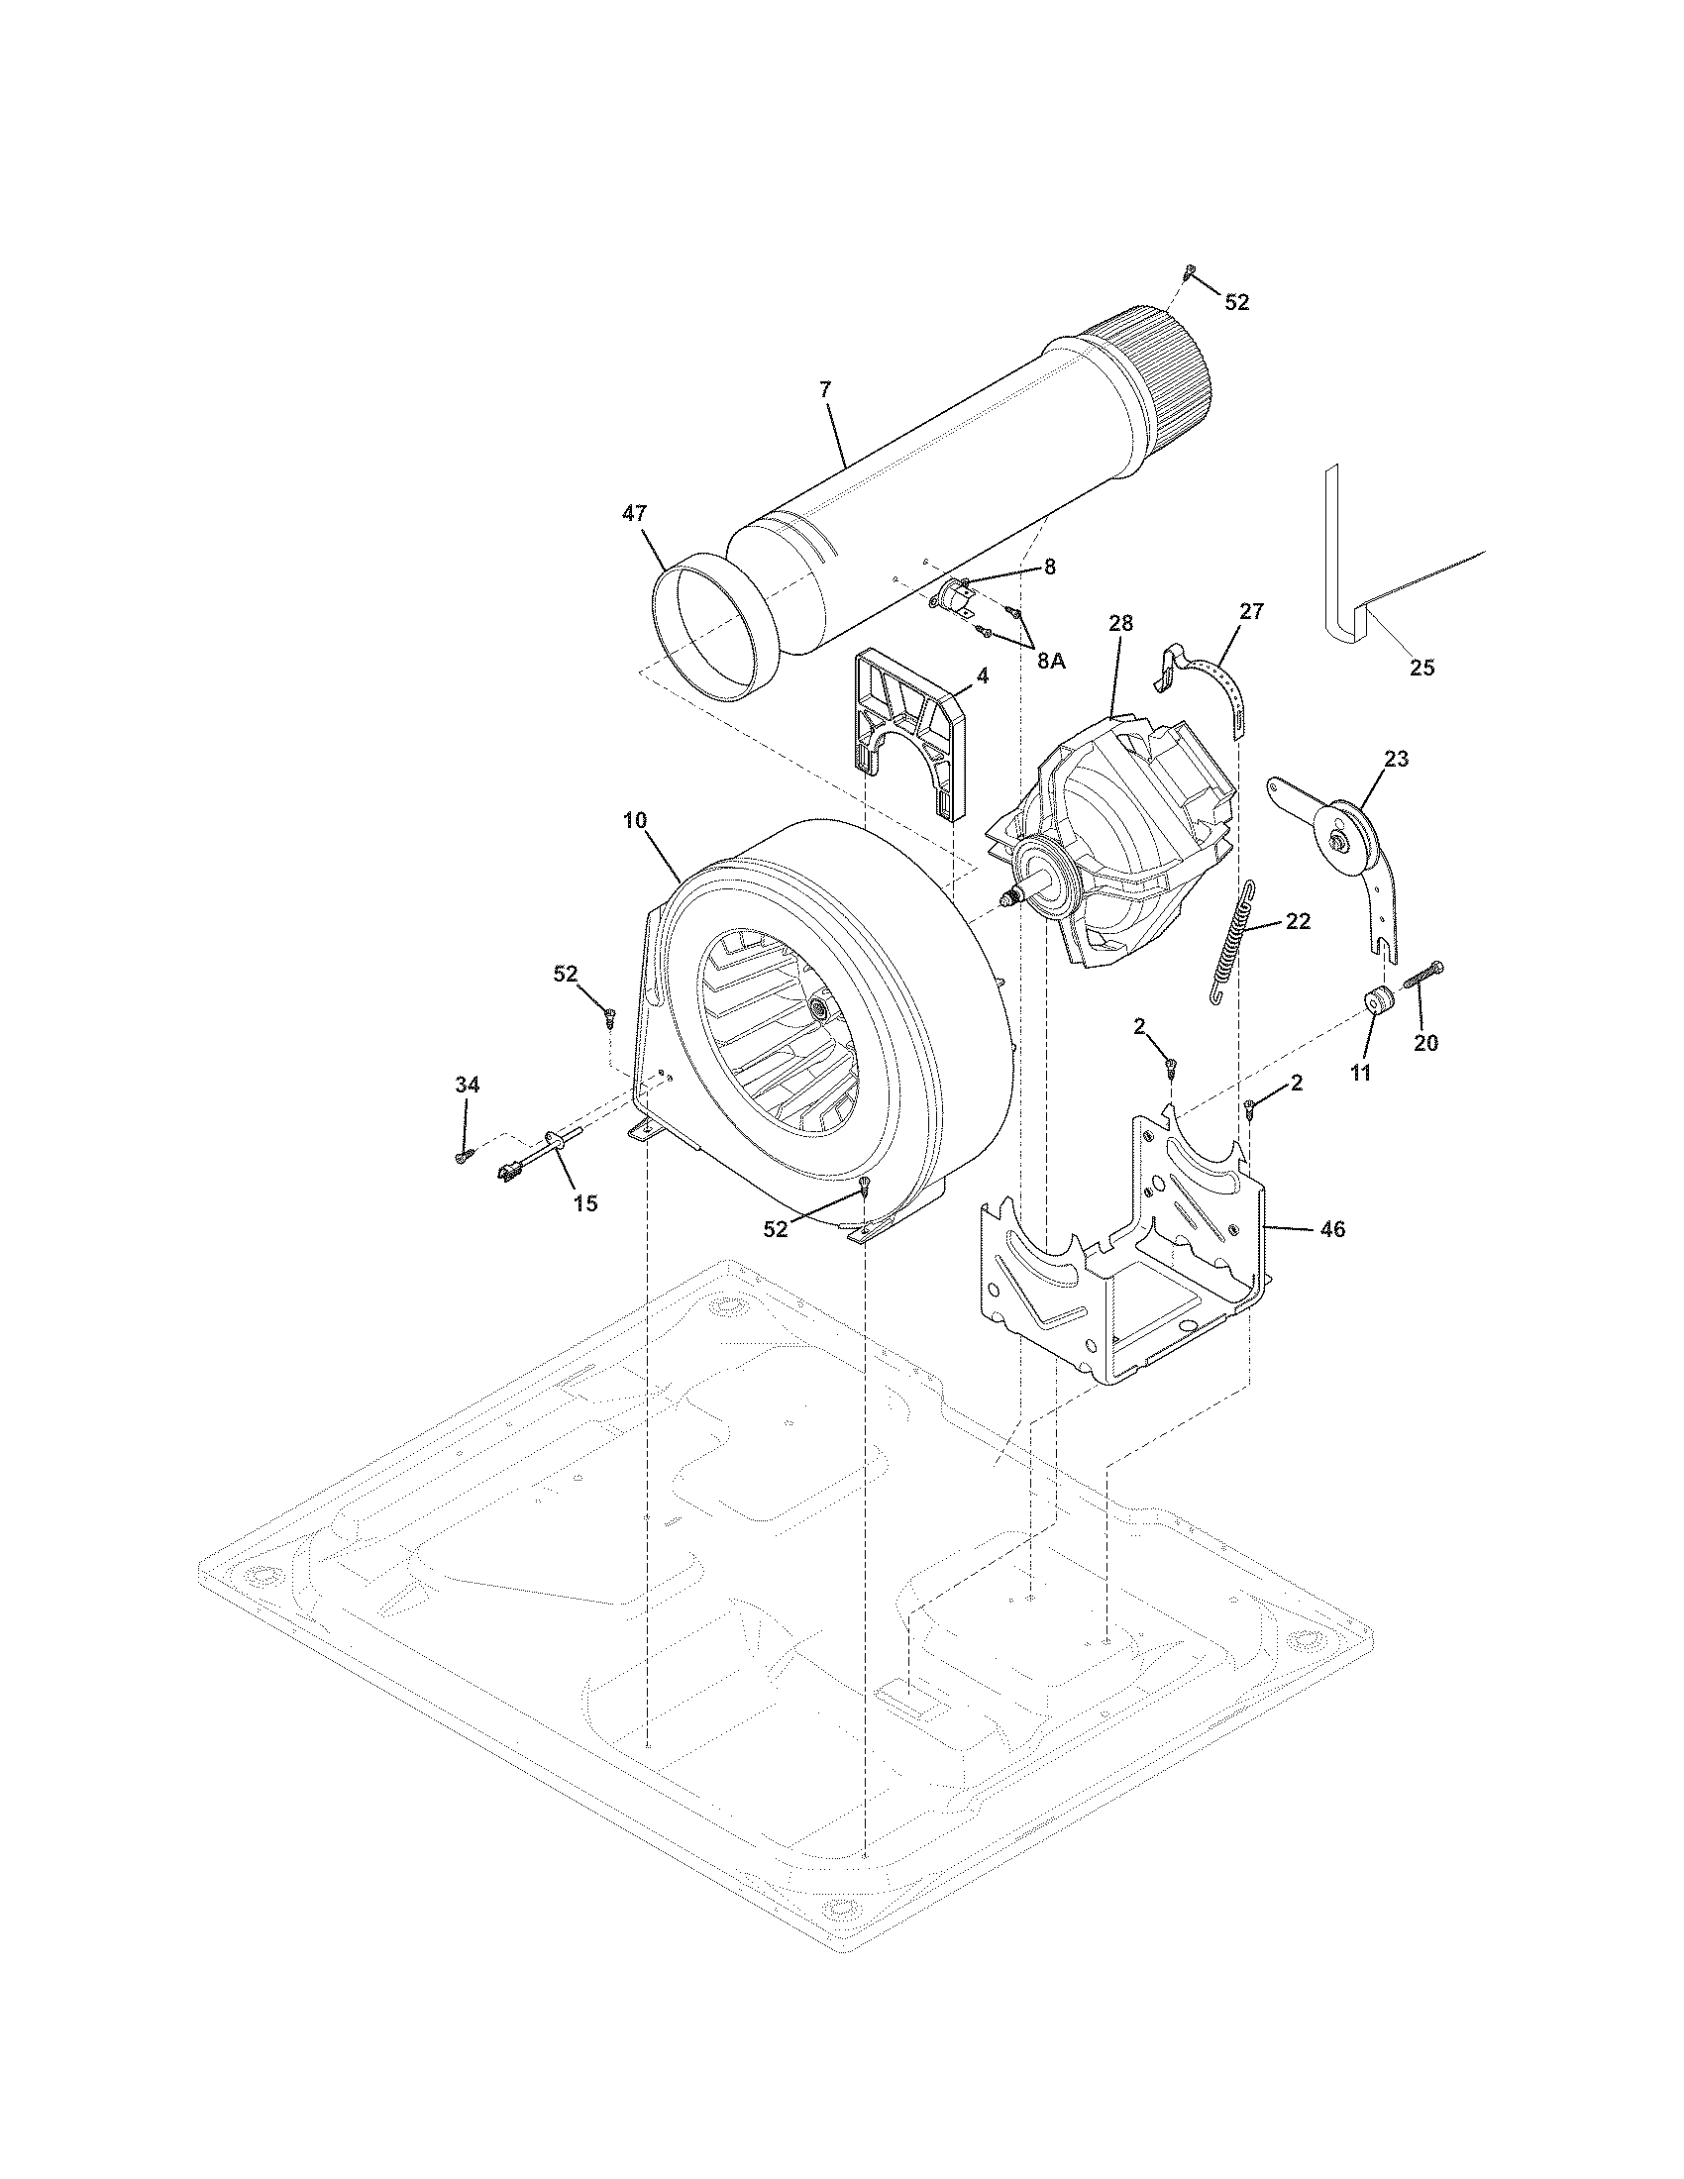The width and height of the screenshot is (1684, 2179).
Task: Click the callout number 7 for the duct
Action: click(824, 390)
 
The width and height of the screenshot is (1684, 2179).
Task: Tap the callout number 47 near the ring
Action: click(635, 513)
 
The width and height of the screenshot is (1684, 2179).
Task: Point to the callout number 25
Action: click(1421, 668)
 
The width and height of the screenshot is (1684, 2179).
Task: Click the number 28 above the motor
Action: click(1120, 623)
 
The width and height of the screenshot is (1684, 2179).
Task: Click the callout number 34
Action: click(467, 1085)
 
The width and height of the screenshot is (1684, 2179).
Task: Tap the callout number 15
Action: click(585, 1203)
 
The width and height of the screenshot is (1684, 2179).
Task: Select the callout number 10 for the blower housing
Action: click(635, 820)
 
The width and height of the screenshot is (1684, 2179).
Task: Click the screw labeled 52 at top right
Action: click(1189, 269)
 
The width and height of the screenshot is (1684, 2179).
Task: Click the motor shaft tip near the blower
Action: click(1007, 900)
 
